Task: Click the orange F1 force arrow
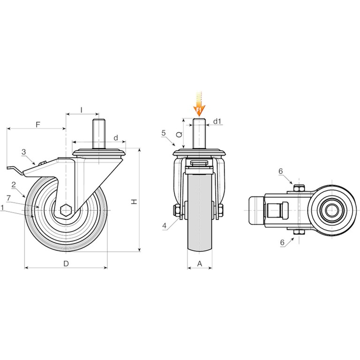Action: [x=199, y=104]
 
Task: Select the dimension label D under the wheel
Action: [x=66, y=263]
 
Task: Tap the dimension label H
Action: [x=134, y=202]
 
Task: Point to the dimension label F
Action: [x=38, y=124]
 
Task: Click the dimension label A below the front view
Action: [x=200, y=263]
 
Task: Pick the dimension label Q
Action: [x=179, y=135]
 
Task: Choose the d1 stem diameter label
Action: [x=217, y=121]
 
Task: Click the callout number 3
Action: [x=24, y=152]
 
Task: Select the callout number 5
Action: [x=164, y=133]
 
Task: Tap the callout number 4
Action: [x=165, y=225]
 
